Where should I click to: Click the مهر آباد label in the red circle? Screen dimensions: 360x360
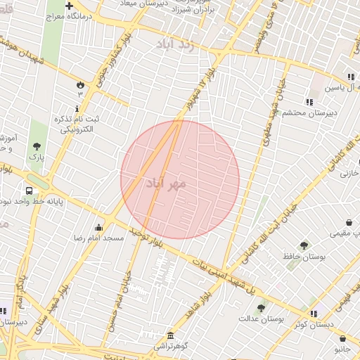point(167,184)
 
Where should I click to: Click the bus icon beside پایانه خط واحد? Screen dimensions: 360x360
point(30,191)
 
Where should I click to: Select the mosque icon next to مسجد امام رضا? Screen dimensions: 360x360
point(98,228)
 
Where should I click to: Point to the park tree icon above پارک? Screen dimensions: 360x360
point(37,146)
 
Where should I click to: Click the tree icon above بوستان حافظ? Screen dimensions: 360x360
point(304,245)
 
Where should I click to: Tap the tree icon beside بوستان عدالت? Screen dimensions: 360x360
point(261,308)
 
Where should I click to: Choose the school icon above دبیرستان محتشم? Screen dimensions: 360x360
point(309,101)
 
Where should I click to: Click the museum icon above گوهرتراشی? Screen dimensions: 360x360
point(169,335)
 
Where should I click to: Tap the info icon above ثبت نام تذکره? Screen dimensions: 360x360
point(77,108)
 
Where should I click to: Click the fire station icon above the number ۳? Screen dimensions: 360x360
point(79,84)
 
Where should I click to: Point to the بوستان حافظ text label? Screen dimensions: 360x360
point(304,257)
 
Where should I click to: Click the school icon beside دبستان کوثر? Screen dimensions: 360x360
point(314,313)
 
